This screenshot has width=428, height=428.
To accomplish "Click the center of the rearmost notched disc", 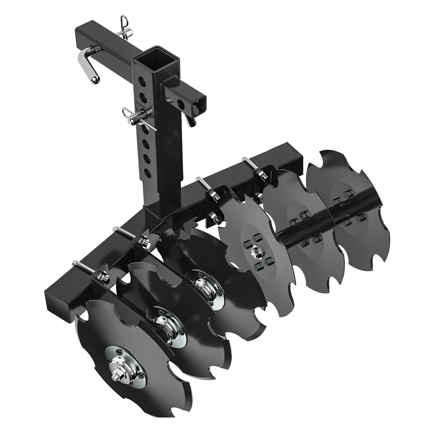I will coord(345,206).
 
